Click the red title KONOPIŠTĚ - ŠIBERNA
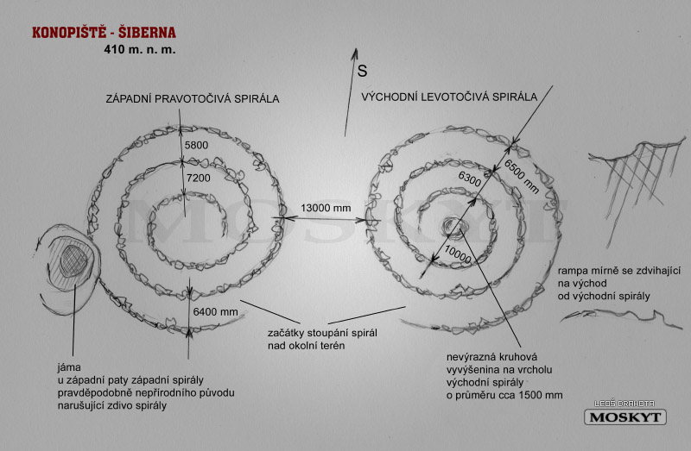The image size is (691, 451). (x=104, y=33)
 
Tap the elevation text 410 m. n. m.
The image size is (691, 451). (x=140, y=49)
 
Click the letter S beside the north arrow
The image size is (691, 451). (x=362, y=71)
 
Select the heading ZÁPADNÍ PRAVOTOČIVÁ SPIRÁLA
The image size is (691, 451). (x=193, y=98)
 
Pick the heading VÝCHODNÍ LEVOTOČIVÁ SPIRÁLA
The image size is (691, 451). (x=449, y=97)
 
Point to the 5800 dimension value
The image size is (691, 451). (x=197, y=145)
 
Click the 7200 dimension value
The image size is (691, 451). (x=199, y=178)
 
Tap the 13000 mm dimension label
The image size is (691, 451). (x=326, y=208)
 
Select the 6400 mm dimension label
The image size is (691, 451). (x=215, y=311)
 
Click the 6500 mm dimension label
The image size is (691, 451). (x=522, y=177)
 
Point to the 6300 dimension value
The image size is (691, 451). (x=470, y=179)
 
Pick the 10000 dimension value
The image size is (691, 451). (x=458, y=254)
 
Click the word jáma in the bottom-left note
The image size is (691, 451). (x=69, y=367)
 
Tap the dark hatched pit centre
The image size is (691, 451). (x=73, y=261)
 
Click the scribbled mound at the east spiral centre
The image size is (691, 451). (x=453, y=227)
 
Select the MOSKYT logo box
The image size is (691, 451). (x=624, y=417)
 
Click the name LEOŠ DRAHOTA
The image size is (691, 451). (x=624, y=404)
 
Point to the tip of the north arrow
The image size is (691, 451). (x=356, y=49)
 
